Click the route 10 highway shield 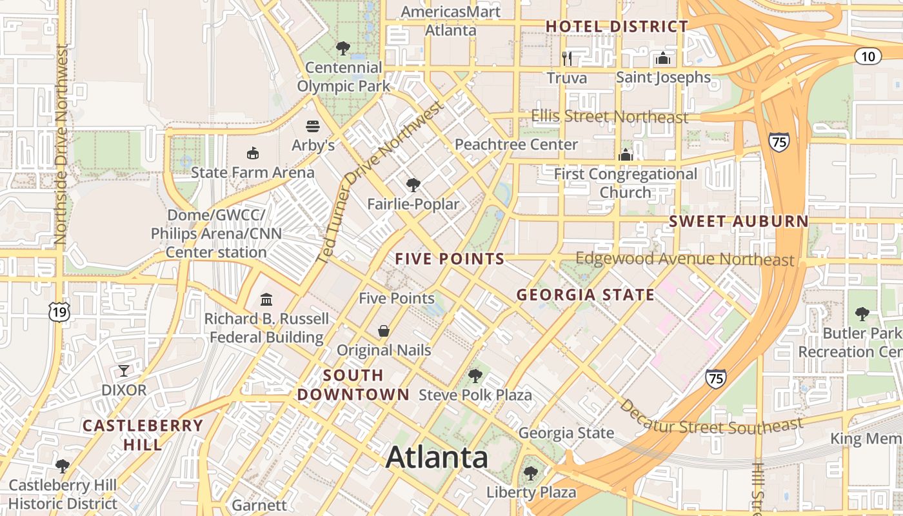pos(868,56)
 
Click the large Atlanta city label pos(437,457)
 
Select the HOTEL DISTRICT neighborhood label pos(617,26)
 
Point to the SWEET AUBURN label pos(739,221)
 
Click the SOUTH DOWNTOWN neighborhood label pos(353,385)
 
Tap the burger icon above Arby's pos(313,126)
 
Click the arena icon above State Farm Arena pos(253,154)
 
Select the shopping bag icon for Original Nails pos(384,331)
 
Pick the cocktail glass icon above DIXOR pos(124,371)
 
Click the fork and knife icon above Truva pos(567,59)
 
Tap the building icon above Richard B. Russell pos(266,299)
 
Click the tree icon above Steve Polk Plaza pos(475,375)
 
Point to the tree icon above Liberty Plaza pos(531,473)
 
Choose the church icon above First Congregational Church pos(626,155)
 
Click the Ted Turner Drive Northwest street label pos(381,182)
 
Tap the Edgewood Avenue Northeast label pos(685,259)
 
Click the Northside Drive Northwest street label pos(61,144)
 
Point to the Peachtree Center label pos(516,144)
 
